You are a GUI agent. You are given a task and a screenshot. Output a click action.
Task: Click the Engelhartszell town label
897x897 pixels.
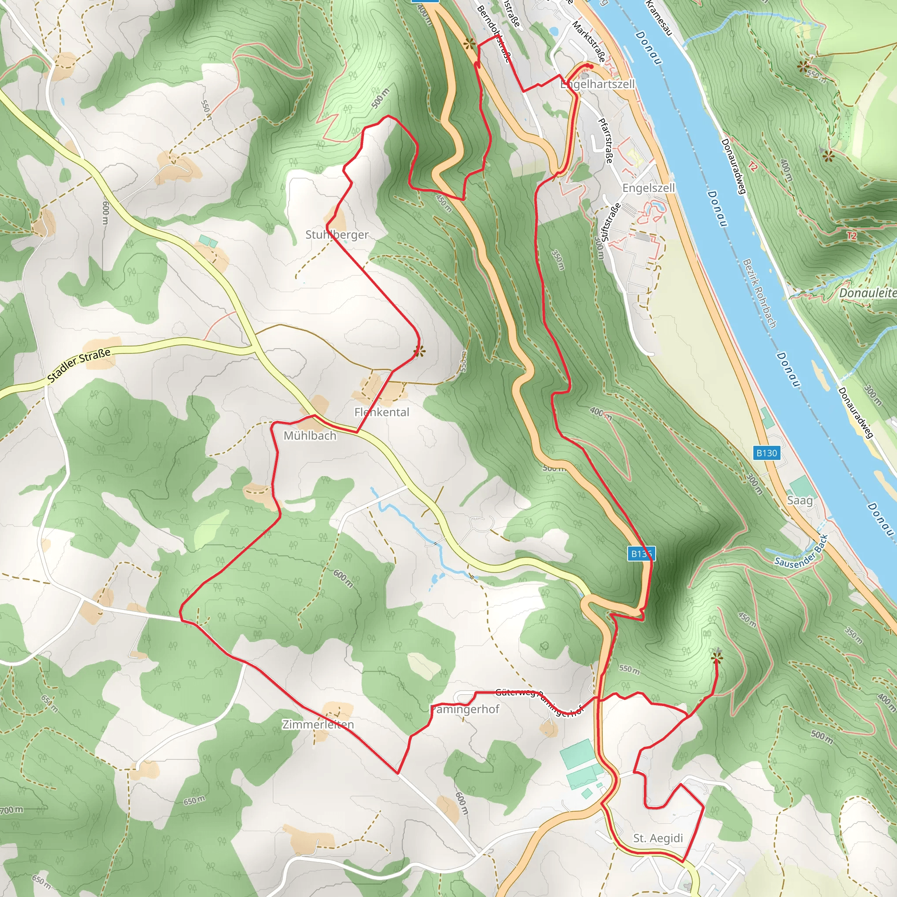597,85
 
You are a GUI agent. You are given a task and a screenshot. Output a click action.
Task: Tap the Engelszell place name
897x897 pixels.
648,188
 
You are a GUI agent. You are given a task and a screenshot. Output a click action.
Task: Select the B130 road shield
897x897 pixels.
766,453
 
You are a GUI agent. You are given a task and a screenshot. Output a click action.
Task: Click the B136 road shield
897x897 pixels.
641,554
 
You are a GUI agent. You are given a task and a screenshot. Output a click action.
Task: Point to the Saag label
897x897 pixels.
799,501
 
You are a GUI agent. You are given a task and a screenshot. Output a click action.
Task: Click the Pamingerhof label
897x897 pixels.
465,710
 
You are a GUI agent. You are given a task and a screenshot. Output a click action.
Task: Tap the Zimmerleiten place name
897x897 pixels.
318,724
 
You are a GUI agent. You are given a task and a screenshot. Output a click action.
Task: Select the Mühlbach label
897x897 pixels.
310,436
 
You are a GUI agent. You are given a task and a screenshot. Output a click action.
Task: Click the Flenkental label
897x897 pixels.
381,412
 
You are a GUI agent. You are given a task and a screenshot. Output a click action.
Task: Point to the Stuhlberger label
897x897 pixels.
337,235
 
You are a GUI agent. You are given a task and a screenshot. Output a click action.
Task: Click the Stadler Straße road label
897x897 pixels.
79,365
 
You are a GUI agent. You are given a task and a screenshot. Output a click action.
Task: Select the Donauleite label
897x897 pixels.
867,293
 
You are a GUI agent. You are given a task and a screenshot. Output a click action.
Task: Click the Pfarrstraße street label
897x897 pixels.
605,141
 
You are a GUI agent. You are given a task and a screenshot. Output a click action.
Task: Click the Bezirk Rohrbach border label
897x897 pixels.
759,293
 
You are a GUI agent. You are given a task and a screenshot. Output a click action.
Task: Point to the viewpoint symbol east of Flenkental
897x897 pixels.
419,351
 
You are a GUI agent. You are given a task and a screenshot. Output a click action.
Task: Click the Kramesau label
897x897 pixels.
659,17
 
